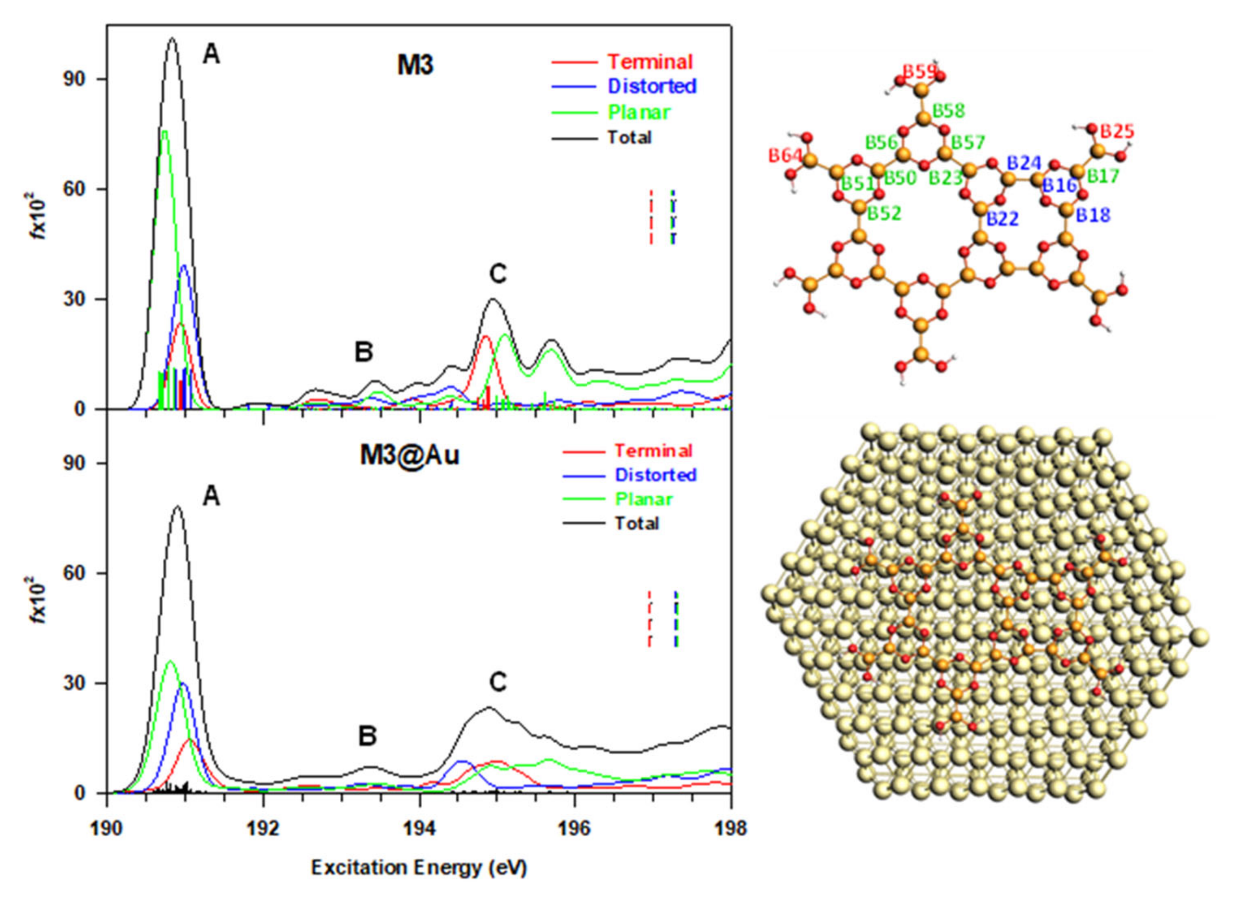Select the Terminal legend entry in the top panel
tap(650, 62)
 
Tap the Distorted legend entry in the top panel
tap(652, 86)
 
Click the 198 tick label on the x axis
tap(730, 828)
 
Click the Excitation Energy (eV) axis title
tap(419, 868)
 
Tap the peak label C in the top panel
tap(498, 274)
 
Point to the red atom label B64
tap(785, 155)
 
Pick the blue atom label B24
tap(1024, 163)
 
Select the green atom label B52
tap(884, 213)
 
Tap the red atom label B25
tap(1117, 131)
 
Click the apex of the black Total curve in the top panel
tap(173, 38)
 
